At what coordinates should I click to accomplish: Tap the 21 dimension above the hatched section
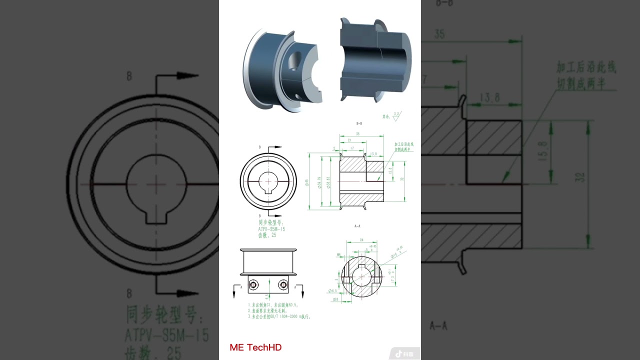coord(348,141)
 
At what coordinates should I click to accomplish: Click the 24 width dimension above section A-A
coord(361,240)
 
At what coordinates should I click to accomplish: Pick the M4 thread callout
coord(338,255)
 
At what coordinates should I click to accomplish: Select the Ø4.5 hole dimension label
coord(331,290)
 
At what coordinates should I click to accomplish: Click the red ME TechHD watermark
coord(255,347)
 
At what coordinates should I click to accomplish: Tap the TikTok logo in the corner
coord(399,354)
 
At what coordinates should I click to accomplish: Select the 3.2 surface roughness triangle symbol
coord(396,116)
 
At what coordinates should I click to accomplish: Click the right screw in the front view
coord(283,284)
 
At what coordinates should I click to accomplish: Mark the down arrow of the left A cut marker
coord(234,293)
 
